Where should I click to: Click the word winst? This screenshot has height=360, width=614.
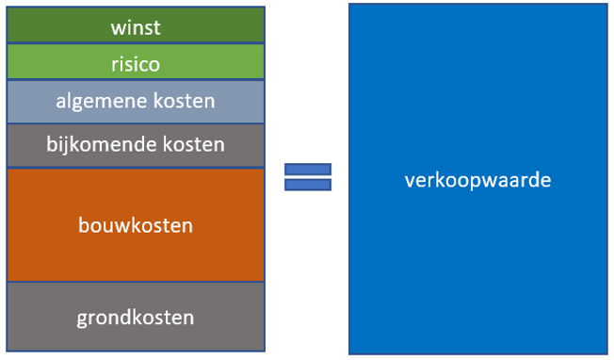click(x=135, y=27)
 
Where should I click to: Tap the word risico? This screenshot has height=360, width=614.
click(x=135, y=64)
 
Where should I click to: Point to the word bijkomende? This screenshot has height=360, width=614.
click(x=93, y=144)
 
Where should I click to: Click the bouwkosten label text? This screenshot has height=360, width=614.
click(x=135, y=226)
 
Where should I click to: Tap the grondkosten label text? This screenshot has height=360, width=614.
click(x=135, y=318)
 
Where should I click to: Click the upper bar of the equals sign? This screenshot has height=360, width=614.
click(x=308, y=169)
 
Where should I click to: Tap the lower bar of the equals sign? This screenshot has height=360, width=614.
click(x=308, y=185)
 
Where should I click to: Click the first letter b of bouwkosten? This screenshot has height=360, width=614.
click(x=82, y=226)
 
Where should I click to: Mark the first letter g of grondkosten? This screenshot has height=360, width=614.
click(x=82, y=319)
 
